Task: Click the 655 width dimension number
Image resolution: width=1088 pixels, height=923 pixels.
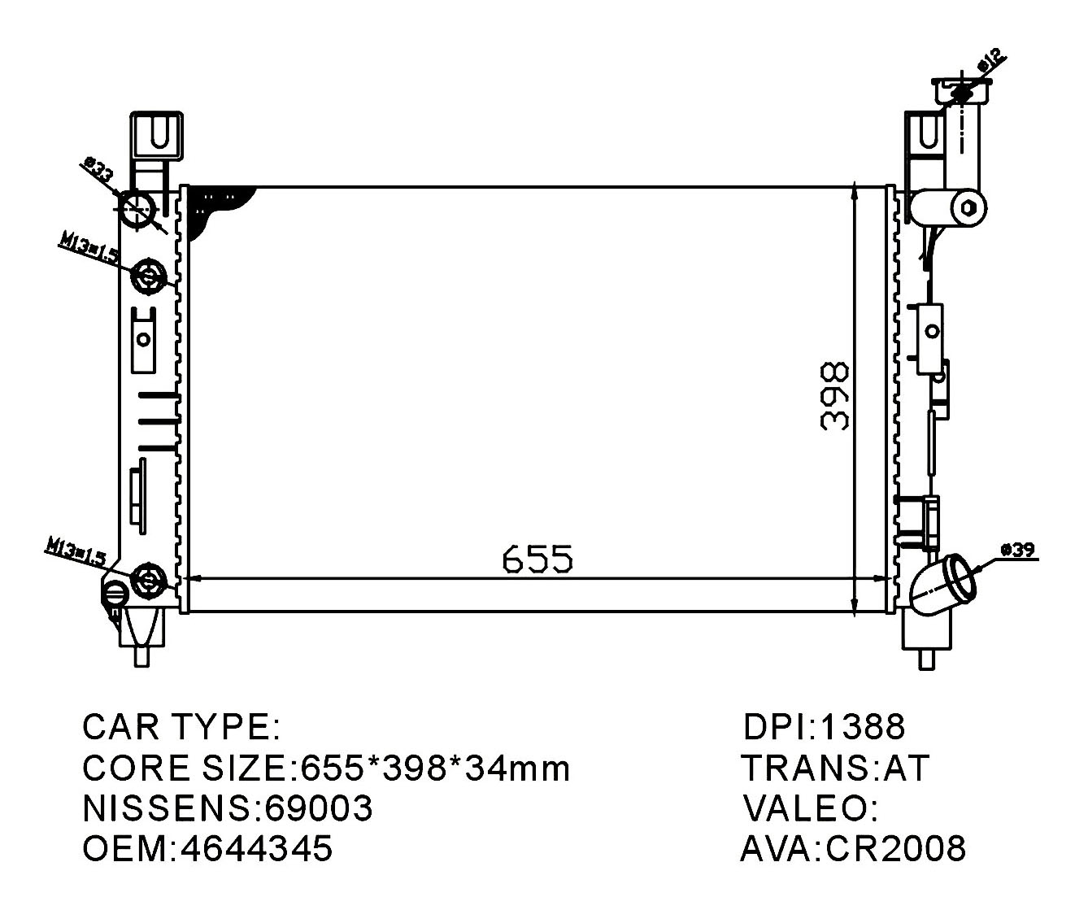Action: (x=537, y=559)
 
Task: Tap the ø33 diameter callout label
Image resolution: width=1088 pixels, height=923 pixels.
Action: (x=98, y=172)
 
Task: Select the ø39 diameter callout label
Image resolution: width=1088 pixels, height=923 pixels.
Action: (x=1016, y=551)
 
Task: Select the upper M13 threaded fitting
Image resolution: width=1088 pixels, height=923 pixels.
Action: (x=150, y=276)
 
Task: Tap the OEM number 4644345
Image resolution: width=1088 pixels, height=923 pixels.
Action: (x=257, y=848)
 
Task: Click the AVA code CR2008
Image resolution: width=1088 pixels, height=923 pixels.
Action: (x=896, y=848)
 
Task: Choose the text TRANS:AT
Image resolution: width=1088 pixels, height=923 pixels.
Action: (x=834, y=768)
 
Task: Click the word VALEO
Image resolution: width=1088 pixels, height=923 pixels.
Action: (x=806, y=808)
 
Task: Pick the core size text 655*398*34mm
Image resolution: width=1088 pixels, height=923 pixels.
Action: (x=435, y=767)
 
